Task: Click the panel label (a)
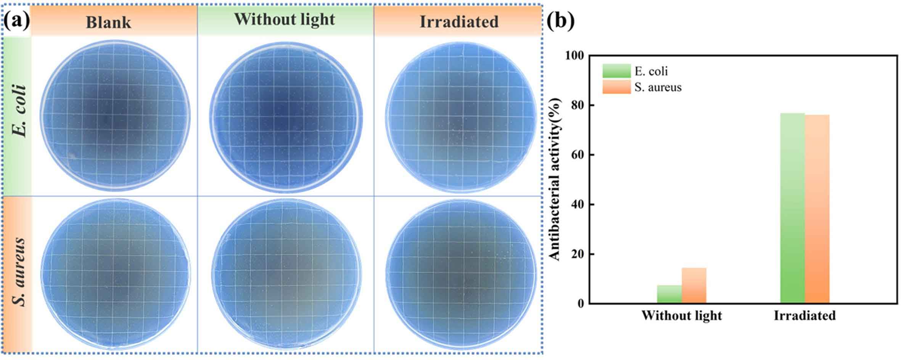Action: [x=16, y=21]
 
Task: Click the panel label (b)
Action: [x=560, y=21]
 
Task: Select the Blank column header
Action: [x=108, y=22]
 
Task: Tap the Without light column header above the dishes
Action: [x=285, y=19]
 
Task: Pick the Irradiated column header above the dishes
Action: [x=459, y=22]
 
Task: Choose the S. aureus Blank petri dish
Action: [x=114, y=274]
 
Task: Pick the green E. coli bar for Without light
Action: [x=669, y=294]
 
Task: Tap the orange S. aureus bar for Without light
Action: [x=694, y=286]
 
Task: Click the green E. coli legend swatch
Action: [x=616, y=71]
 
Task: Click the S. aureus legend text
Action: [x=658, y=87]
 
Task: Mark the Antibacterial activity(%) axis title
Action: [x=556, y=179]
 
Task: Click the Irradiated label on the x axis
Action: [x=804, y=316]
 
